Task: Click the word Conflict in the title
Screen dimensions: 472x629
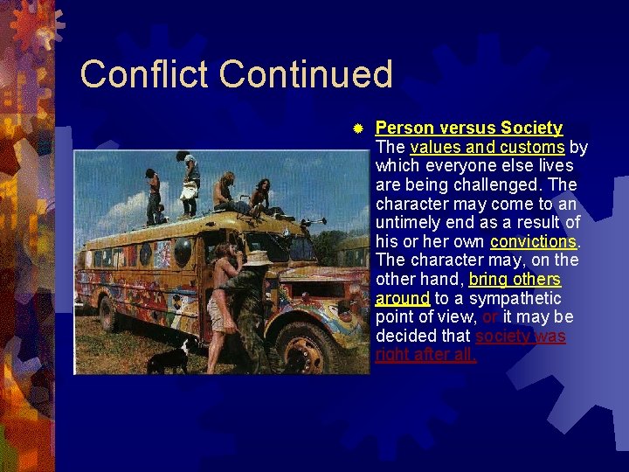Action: point(145,74)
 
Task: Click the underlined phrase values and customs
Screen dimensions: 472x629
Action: point(487,147)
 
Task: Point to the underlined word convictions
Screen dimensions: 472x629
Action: point(533,241)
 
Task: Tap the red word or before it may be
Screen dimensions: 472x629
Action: point(489,317)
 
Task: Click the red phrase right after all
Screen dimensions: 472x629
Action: point(425,355)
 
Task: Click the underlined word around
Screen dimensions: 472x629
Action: point(402,298)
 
